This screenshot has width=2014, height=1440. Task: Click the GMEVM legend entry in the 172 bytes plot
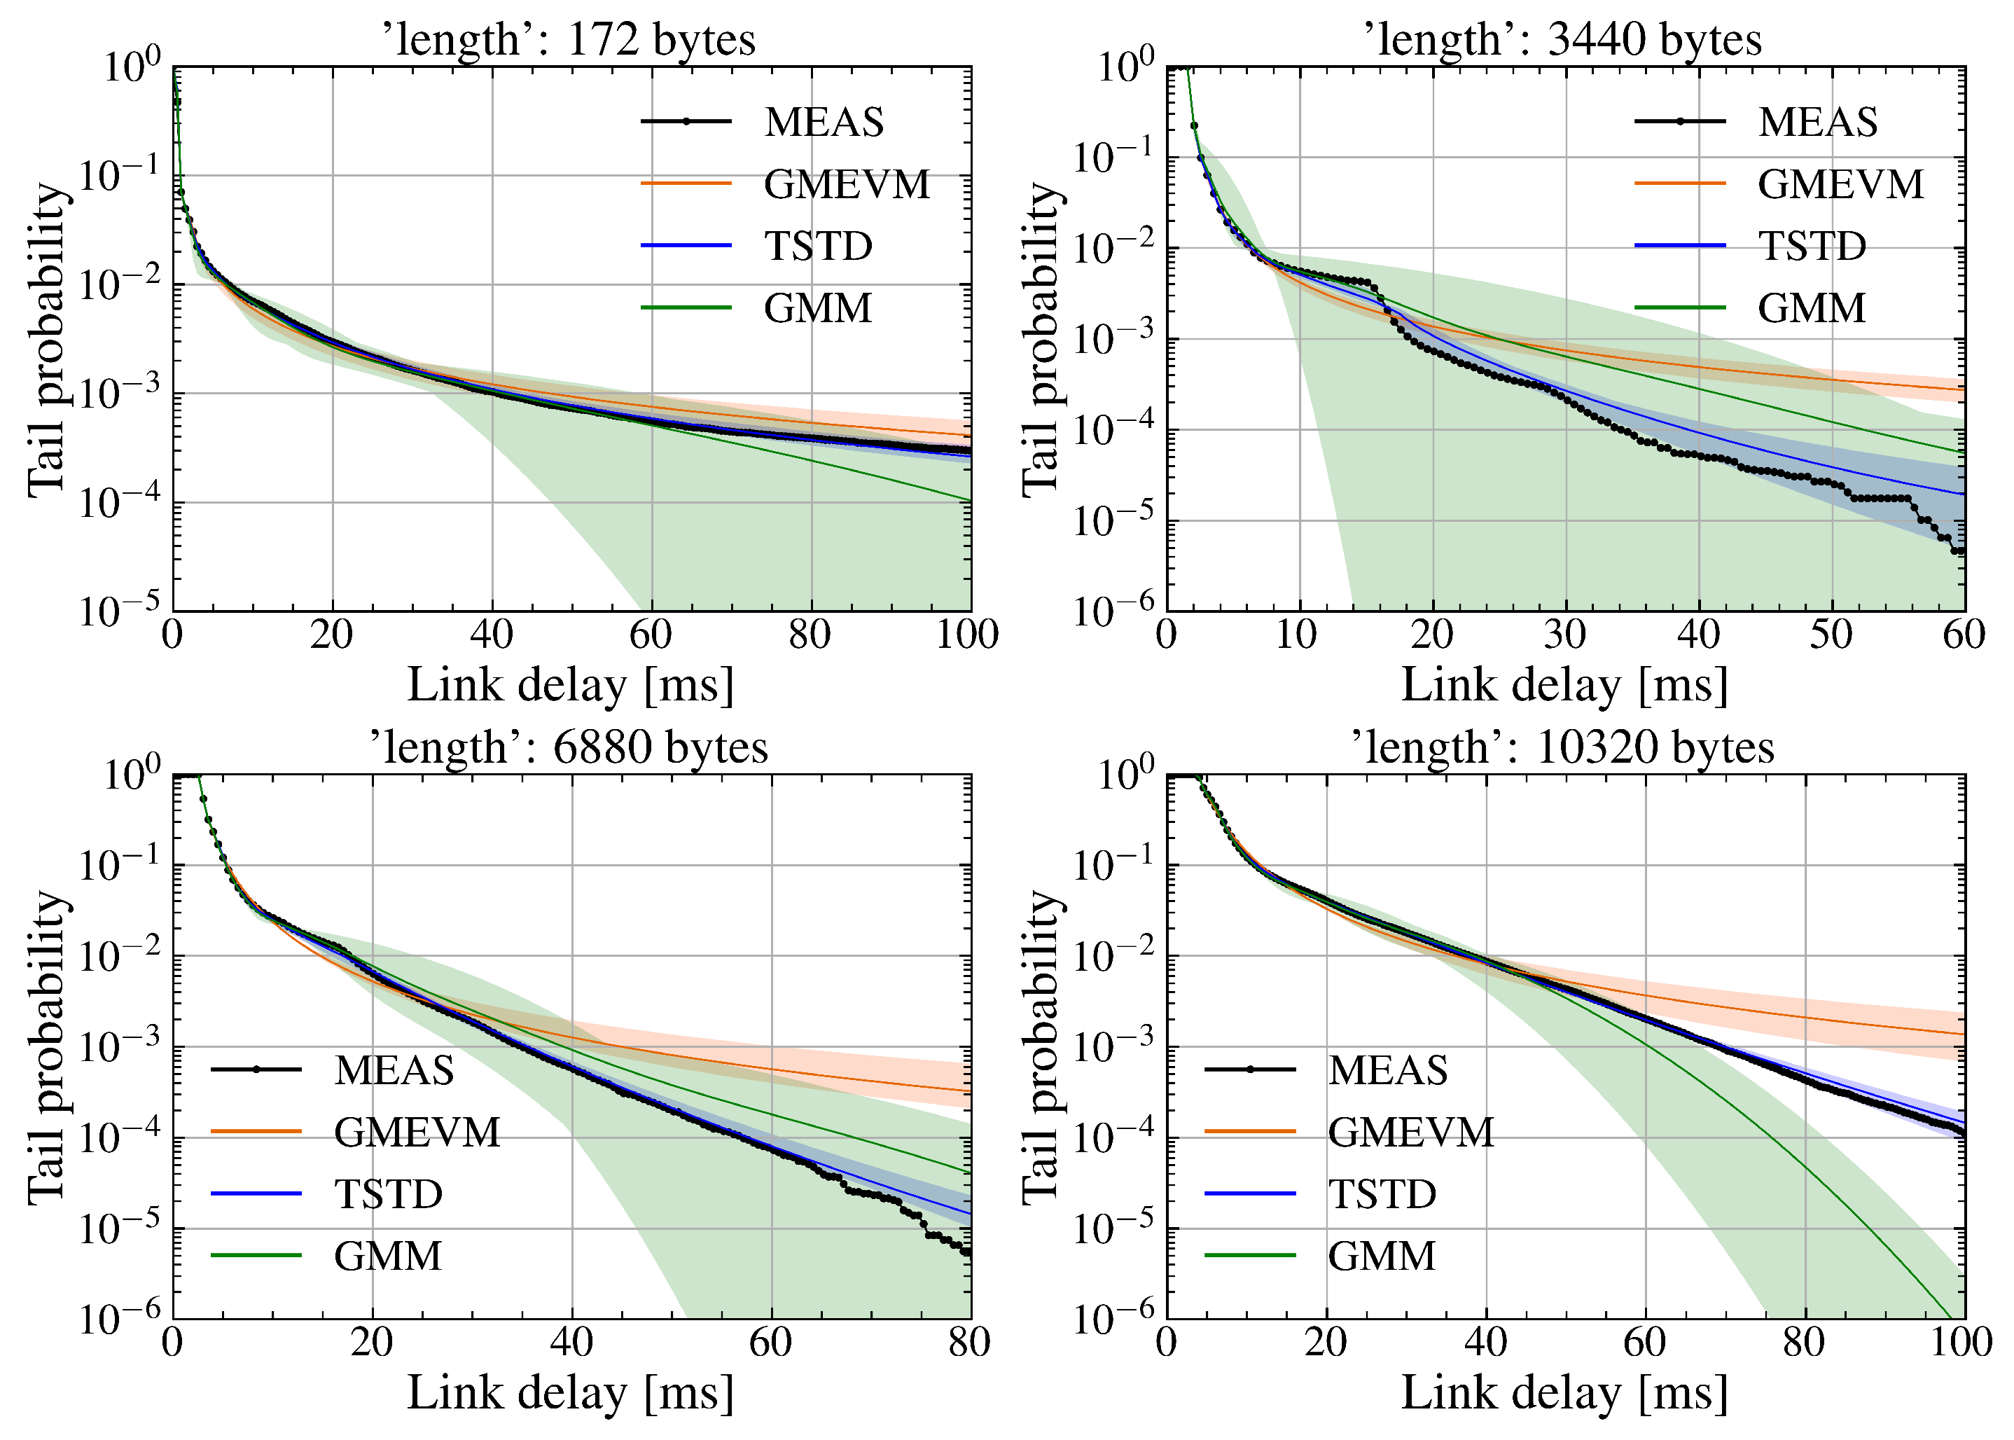tap(847, 184)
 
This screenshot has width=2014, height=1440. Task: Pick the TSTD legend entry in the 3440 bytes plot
tap(1812, 247)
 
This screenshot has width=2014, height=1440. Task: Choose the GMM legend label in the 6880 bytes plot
tap(387, 1256)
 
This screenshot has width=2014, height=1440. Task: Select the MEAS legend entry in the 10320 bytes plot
tap(1387, 1070)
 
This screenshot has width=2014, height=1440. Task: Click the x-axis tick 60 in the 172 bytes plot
tap(651, 635)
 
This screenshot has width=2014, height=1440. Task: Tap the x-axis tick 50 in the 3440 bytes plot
tap(1831, 635)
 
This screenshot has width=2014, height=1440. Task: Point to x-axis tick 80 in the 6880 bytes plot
tap(970, 1343)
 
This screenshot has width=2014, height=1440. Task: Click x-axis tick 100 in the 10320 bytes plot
tap(1963, 1343)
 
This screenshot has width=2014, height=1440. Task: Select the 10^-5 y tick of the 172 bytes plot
tap(120, 610)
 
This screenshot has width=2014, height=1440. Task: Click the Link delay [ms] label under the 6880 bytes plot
tap(571, 1393)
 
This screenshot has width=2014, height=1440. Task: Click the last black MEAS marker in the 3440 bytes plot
tap(1961, 551)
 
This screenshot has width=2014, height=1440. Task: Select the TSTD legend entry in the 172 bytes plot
tap(818, 247)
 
